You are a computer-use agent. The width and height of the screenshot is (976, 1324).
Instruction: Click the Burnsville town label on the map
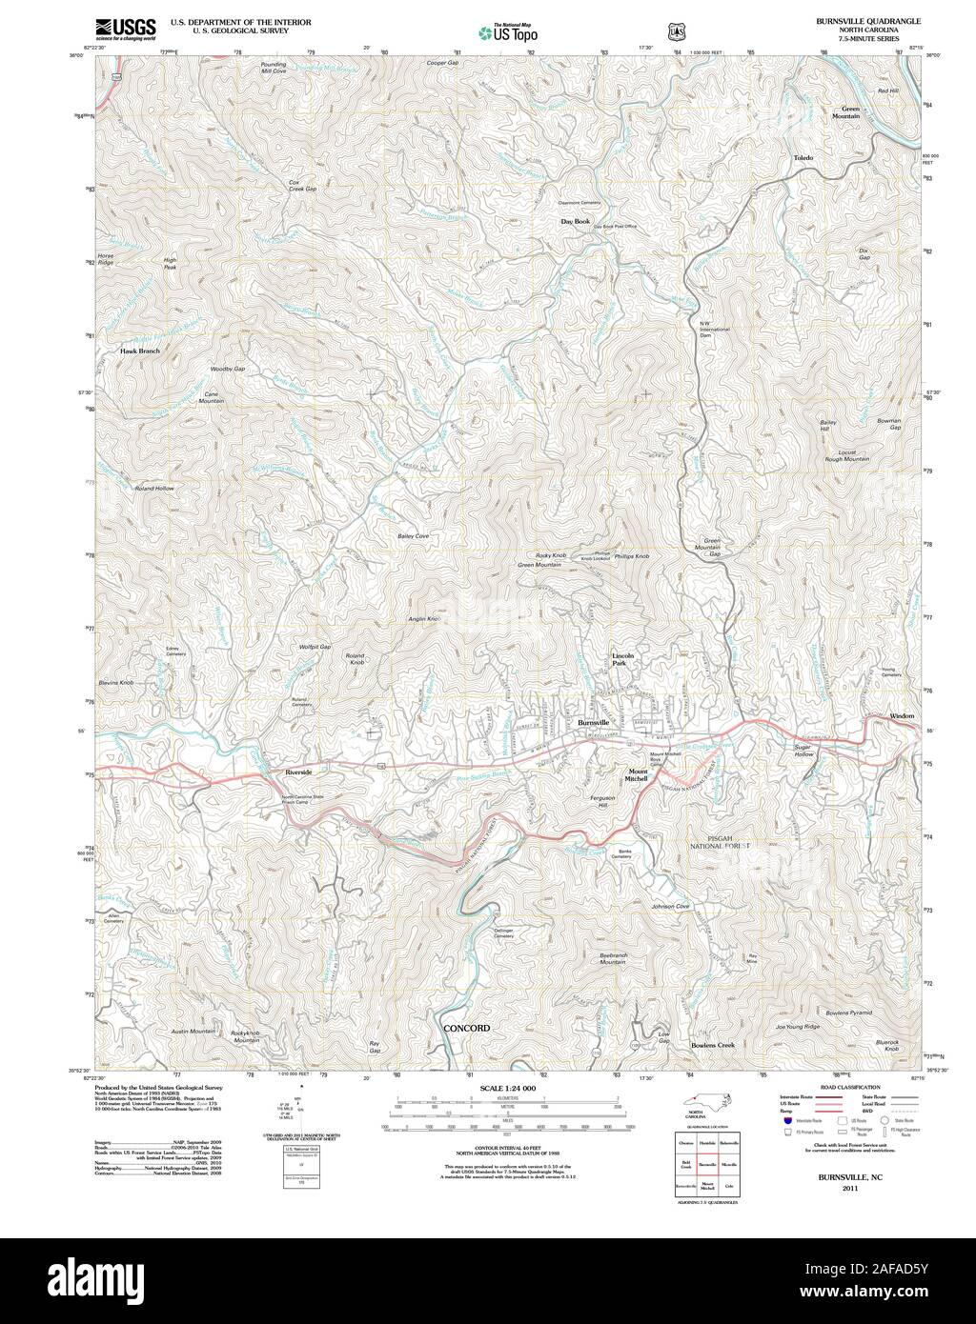(593, 723)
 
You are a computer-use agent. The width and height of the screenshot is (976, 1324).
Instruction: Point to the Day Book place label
(575, 220)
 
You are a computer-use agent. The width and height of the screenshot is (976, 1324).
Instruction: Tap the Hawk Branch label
(140, 351)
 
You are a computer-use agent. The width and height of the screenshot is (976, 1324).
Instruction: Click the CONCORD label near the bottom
(467, 1029)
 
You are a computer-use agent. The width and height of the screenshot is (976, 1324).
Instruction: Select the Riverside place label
(298, 772)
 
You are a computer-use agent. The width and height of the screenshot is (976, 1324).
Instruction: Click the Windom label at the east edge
(902, 715)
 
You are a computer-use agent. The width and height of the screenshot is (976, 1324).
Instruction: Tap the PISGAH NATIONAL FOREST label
(721, 845)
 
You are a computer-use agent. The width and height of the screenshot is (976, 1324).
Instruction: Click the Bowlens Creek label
(712, 1045)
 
